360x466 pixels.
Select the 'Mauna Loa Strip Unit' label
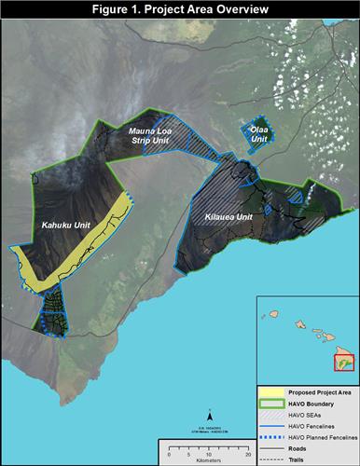152,142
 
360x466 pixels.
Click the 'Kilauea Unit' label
229,217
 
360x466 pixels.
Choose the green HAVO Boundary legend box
275,403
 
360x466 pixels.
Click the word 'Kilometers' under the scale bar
206,459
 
